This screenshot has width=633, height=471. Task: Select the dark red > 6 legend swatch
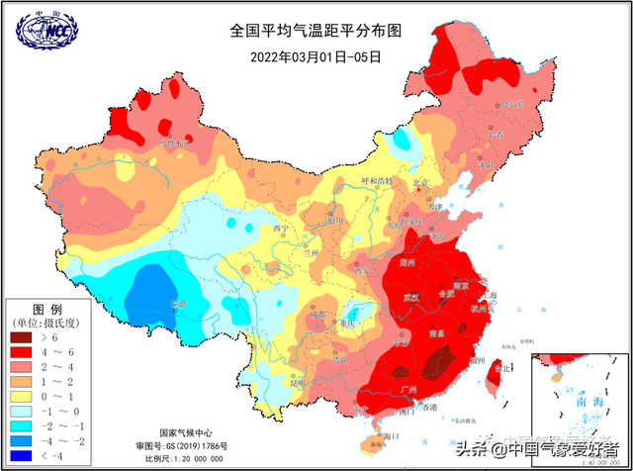pyautogui.click(x=22, y=337)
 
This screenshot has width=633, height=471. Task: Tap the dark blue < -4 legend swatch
pyautogui.click(x=22, y=456)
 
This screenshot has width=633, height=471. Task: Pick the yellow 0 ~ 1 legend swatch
pyautogui.click(x=22, y=397)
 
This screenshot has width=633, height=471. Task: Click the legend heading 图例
pyautogui.click(x=47, y=309)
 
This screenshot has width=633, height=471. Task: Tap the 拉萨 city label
pyautogui.click(x=178, y=304)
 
